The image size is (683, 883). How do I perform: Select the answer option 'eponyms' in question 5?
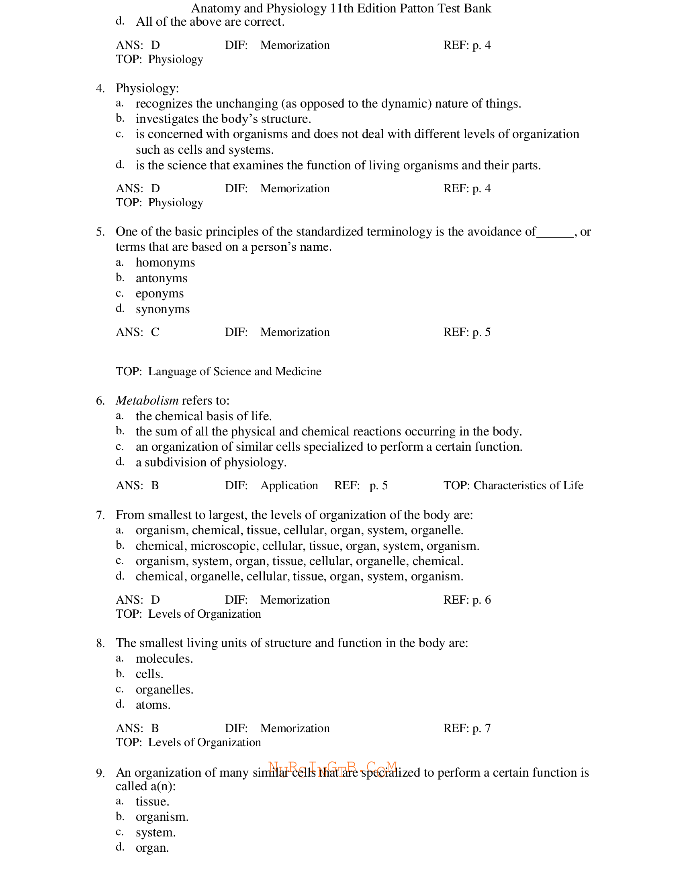pos(160,293)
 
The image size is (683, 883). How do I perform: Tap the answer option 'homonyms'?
pos(165,263)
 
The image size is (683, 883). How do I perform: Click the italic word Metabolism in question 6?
pos(147,401)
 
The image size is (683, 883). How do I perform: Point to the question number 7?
pos(100,515)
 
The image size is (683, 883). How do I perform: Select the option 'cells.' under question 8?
pos(149,674)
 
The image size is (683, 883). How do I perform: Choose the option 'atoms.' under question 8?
pos(153,705)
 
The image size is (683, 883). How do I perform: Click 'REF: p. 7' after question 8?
pos(466,728)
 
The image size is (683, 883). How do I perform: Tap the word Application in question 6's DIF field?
pos(289,486)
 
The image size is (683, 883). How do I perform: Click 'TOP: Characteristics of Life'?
pos(513,486)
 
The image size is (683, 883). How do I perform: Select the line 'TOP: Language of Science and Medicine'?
pos(219,372)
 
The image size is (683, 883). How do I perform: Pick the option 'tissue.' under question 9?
pos(153,802)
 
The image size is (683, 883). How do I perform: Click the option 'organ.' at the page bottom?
pos(152,848)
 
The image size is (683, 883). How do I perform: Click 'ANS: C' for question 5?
pos(137,332)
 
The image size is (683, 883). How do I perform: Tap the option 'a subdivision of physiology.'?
pos(211,462)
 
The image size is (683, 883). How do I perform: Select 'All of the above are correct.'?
pos(210,22)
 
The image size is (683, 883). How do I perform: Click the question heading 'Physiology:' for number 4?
pos(147,89)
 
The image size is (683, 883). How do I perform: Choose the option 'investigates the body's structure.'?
pos(223,119)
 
